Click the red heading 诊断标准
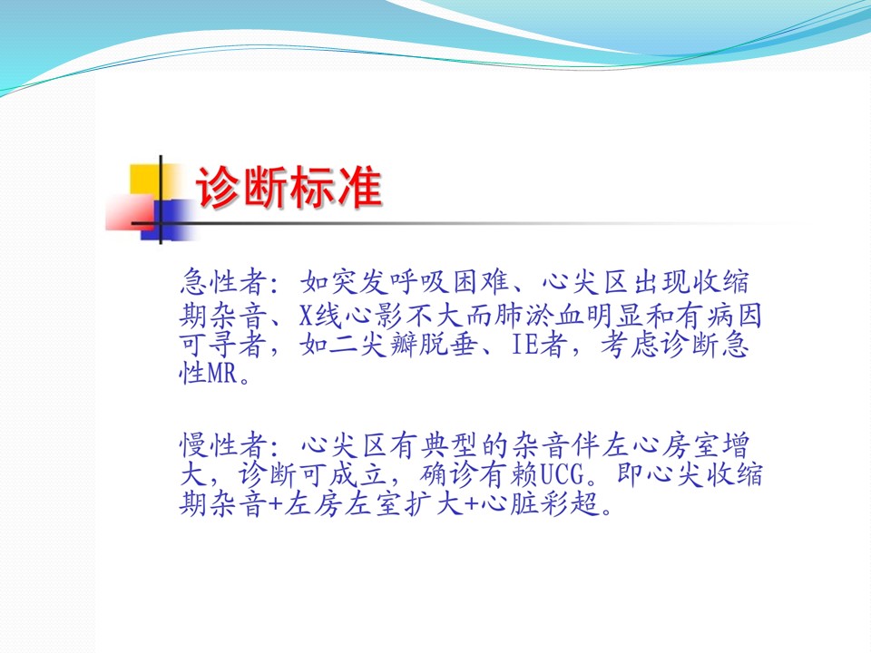289,187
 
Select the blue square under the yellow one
167,220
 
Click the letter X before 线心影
306,316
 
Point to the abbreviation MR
223,373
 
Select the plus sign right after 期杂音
276,505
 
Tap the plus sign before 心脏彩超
471,505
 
